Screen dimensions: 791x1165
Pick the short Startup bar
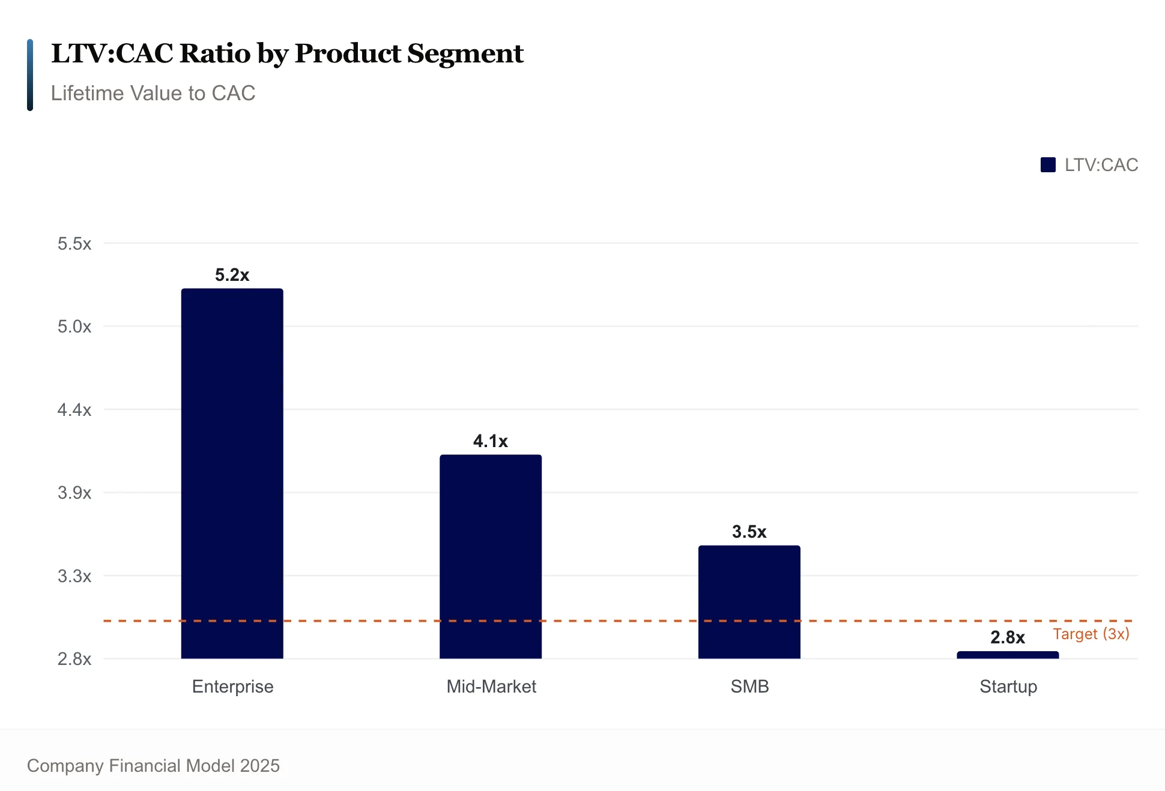1007,655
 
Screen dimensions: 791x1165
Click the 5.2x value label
232,275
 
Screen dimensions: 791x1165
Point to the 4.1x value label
490,441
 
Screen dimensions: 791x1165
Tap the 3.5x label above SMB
749,532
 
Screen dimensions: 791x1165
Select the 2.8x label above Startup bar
1007,637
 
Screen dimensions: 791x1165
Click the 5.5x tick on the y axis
74,244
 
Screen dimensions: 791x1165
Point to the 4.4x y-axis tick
74,410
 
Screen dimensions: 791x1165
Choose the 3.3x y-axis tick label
74,576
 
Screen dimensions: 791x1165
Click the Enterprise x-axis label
232,686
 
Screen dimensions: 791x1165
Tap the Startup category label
1008,686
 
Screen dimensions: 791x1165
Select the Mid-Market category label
491,686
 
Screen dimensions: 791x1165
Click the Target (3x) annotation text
1091,634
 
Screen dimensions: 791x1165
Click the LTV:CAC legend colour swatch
1047,165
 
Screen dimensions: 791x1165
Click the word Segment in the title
465,54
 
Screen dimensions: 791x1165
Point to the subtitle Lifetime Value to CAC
153,93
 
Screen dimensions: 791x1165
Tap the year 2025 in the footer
259,765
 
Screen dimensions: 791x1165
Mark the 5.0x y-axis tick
74,326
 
